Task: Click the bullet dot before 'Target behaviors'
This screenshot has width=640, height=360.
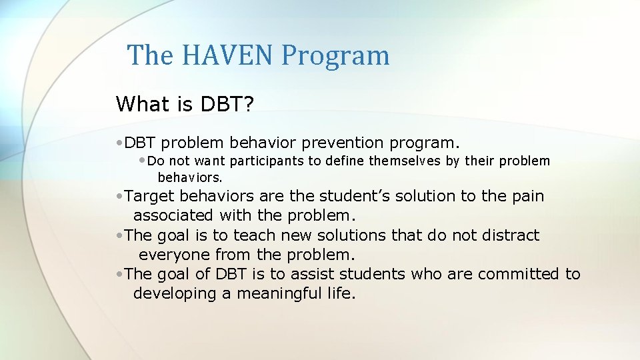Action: click(119, 197)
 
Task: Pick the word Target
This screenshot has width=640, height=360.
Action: click(150, 196)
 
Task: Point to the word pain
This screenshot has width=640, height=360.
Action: click(527, 196)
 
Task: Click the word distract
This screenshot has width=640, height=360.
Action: click(507, 235)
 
